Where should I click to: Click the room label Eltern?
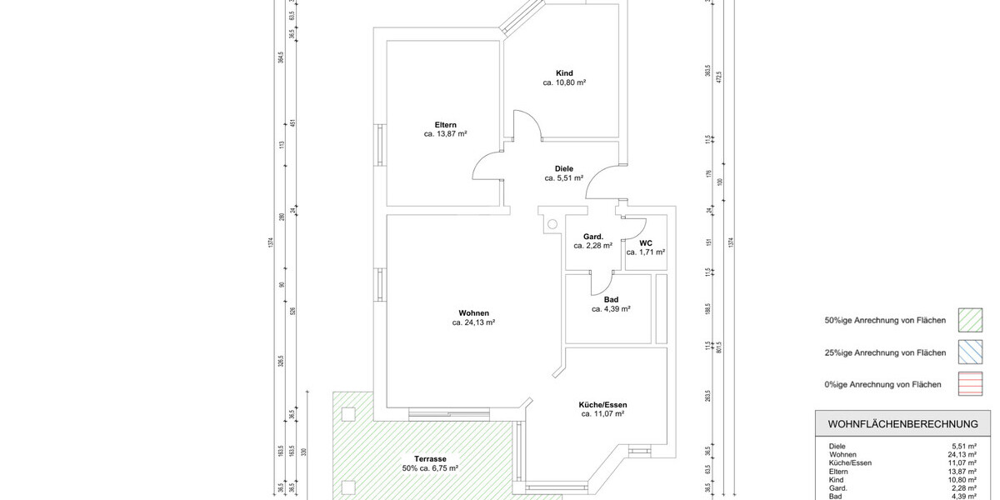444,125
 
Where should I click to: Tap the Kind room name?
564,73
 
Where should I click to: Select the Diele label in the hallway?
564,168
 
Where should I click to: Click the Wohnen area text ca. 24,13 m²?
474,322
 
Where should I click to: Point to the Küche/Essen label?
602,404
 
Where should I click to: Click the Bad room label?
611,299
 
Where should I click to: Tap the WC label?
646,242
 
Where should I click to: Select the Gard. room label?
592,237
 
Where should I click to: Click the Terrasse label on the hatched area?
431,459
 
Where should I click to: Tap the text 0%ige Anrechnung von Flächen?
883,385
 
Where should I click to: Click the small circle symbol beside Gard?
551,223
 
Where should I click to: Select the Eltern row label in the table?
837,472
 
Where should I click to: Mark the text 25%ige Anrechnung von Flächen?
885,353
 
